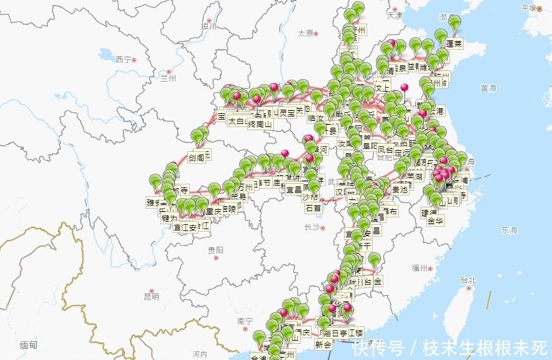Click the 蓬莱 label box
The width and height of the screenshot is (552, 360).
tap(454, 45)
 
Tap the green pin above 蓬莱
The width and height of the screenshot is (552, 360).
tap(455, 24)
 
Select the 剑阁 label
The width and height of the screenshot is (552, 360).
tap(197, 158)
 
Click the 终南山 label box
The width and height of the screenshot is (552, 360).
tap(260, 124)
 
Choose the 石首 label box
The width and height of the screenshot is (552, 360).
tap(313, 208)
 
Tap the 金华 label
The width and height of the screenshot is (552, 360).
tap(436, 221)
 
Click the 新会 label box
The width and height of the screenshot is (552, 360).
tap(324, 344)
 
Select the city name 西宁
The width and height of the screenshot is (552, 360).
tap(123, 59)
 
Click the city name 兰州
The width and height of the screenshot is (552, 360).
tap(168, 78)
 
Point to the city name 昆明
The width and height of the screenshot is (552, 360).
tap(151, 296)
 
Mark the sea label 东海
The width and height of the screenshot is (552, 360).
tap(509, 230)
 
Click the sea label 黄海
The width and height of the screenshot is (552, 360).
tap(489, 89)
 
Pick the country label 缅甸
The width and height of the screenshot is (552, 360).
tap(28, 344)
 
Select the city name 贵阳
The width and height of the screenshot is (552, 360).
tap(215, 250)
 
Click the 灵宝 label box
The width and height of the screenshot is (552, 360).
tap(286, 113)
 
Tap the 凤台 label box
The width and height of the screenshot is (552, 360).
tap(386, 150)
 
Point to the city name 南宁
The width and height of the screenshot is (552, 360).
tap(245, 321)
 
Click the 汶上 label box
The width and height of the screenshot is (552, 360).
tap(381, 82)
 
